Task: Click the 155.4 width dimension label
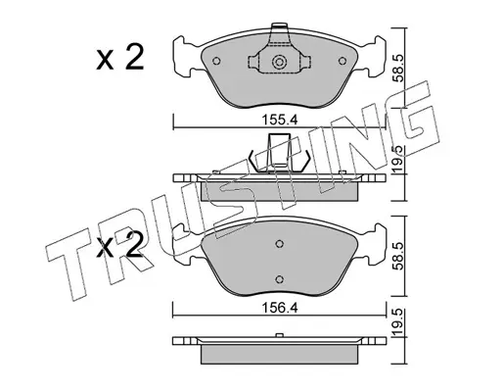280,121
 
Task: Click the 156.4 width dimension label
280,308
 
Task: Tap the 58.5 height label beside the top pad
398,68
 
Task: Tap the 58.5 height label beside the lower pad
398,256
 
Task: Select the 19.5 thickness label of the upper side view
398,159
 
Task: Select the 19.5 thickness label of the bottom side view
398,322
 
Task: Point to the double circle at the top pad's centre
279,62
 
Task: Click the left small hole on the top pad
216,61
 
